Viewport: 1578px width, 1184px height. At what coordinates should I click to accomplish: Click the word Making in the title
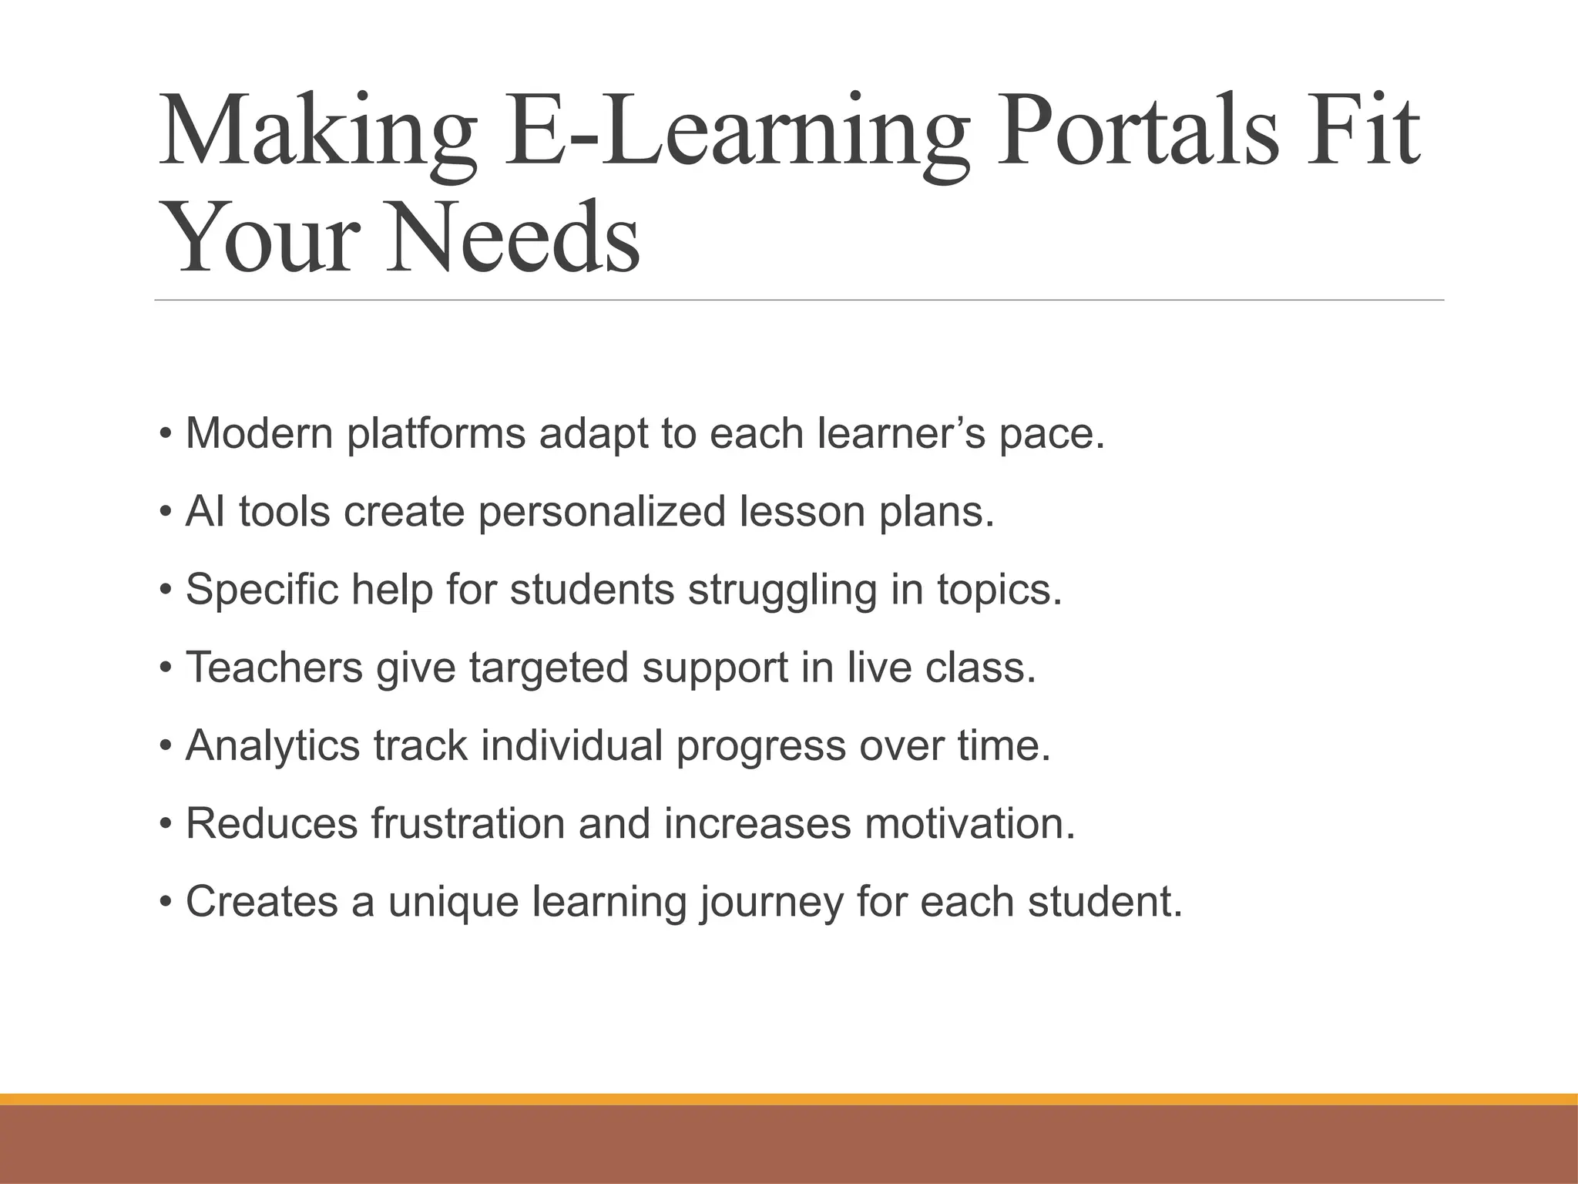pyautogui.click(x=316, y=131)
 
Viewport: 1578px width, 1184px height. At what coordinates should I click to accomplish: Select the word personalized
pyautogui.click(x=602, y=513)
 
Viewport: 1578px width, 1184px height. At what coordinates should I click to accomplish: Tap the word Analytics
pyautogui.click(x=273, y=746)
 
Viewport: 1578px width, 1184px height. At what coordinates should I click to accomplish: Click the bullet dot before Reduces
pyautogui.click(x=166, y=825)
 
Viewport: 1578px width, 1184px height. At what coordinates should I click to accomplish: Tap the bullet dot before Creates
pyautogui.click(x=166, y=903)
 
